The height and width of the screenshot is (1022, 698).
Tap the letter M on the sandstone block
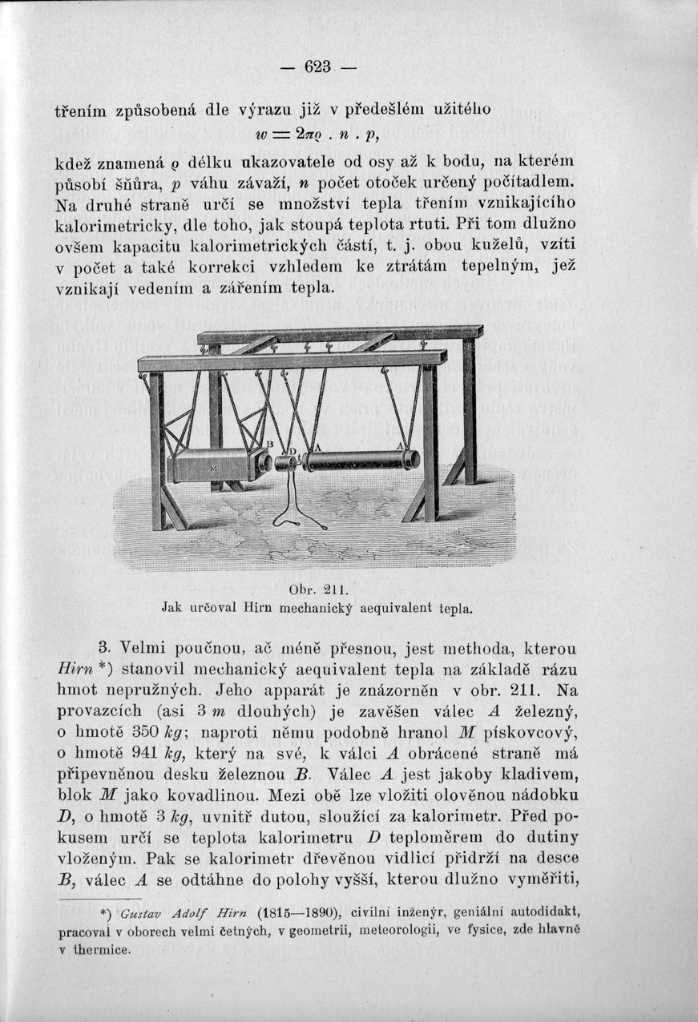coord(191,467)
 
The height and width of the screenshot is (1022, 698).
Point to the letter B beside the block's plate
coord(270,445)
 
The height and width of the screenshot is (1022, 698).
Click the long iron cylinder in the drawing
coord(357,461)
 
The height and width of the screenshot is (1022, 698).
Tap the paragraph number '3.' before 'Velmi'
coord(103,647)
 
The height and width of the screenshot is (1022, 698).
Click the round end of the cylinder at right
coord(411,459)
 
